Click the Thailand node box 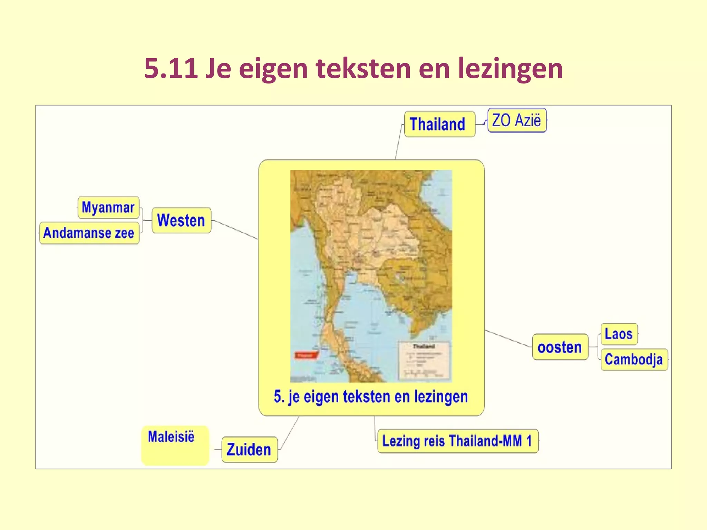click(439, 124)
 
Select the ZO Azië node click(516, 120)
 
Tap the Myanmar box click(108, 207)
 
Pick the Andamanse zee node click(89, 233)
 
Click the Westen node click(181, 220)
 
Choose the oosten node click(560, 347)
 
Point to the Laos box click(619, 334)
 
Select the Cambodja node click(634, 360)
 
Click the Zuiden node click(249, 449)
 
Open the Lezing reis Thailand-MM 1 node click(457, 441)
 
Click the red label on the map click(306, 355)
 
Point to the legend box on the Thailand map click(424, 360)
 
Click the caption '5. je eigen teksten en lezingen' click(371, 397)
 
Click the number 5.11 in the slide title click(171, 68)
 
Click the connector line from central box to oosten click(508, 338)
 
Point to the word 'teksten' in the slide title click(363, 68)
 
